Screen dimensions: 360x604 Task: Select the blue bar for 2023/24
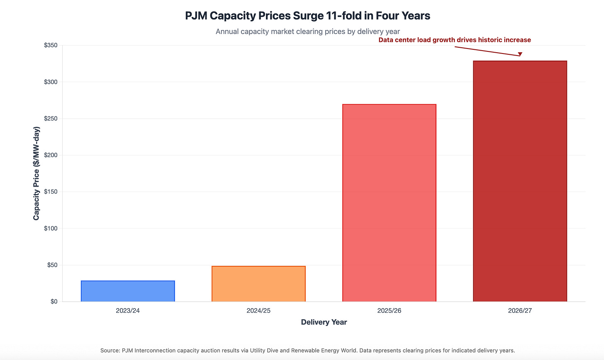point(128,291)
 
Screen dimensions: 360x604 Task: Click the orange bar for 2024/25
point(258,284)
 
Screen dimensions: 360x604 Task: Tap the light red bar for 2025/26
point(389,203)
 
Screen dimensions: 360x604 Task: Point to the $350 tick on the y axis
point(51,45)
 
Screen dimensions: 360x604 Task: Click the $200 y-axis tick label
point(51,155)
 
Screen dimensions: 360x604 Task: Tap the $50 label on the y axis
point(52,265)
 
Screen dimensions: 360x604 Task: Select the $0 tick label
point(54,302)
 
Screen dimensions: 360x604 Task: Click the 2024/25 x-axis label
point(258,311)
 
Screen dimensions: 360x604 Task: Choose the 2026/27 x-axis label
point(520,311)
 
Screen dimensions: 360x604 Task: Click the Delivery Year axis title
point(324,322)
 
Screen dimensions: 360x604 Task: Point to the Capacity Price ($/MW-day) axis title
point(37,173)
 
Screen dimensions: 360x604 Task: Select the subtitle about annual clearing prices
point(308,32)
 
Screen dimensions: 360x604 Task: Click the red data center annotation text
point(455,40)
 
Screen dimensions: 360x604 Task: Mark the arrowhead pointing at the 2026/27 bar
point(520,54)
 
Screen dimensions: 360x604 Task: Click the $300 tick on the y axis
point(51,82)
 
